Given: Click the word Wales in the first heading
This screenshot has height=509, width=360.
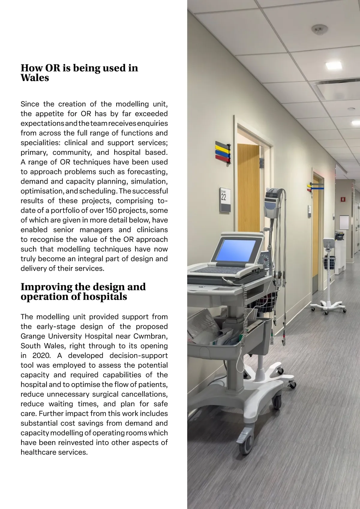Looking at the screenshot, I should [34, 78].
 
